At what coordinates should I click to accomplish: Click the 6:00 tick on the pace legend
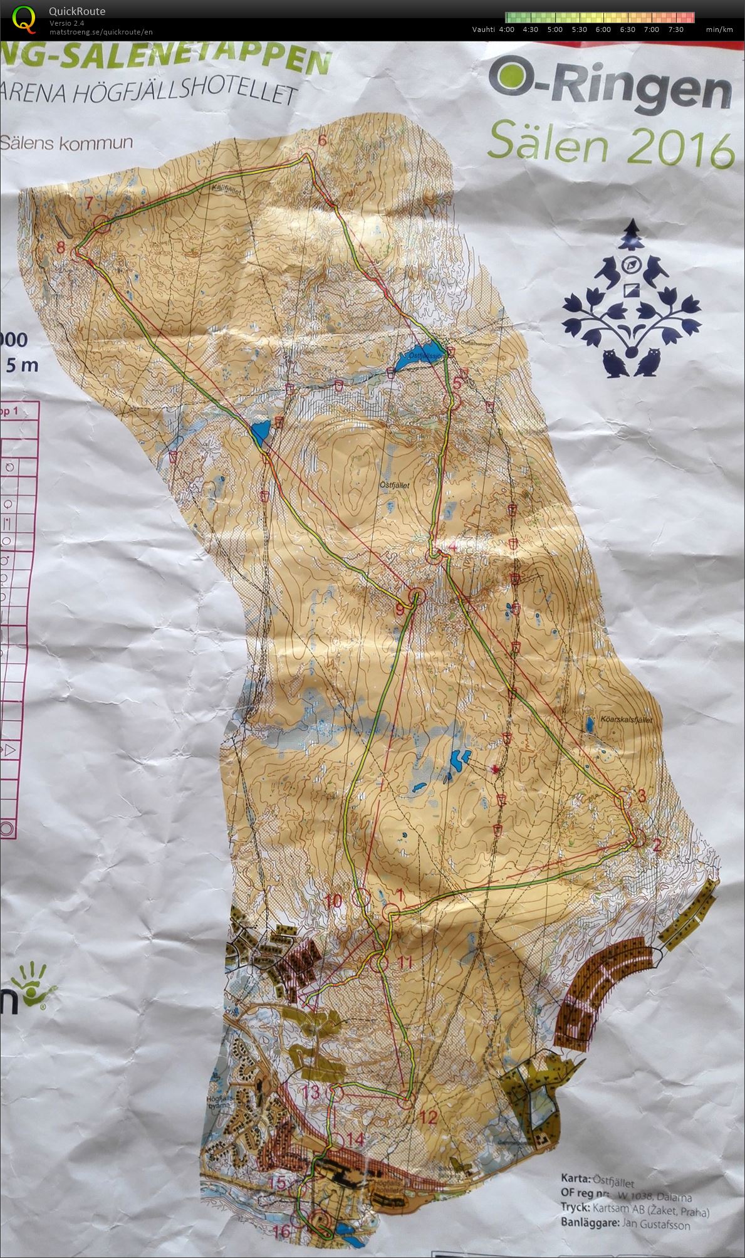click(x=603, y=29)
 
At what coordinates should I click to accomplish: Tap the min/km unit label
click(x=719, y=29)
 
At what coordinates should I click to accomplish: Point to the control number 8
click(x=61, y=247)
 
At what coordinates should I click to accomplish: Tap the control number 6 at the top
click(x=322, y=140)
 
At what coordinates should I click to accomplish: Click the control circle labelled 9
click(x=417, y=595)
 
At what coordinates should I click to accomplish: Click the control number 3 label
click(x=640, y=797)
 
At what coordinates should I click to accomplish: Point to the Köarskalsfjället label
click(x=621, y=720)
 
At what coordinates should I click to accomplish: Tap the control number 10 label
click(x=333, y=902)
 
